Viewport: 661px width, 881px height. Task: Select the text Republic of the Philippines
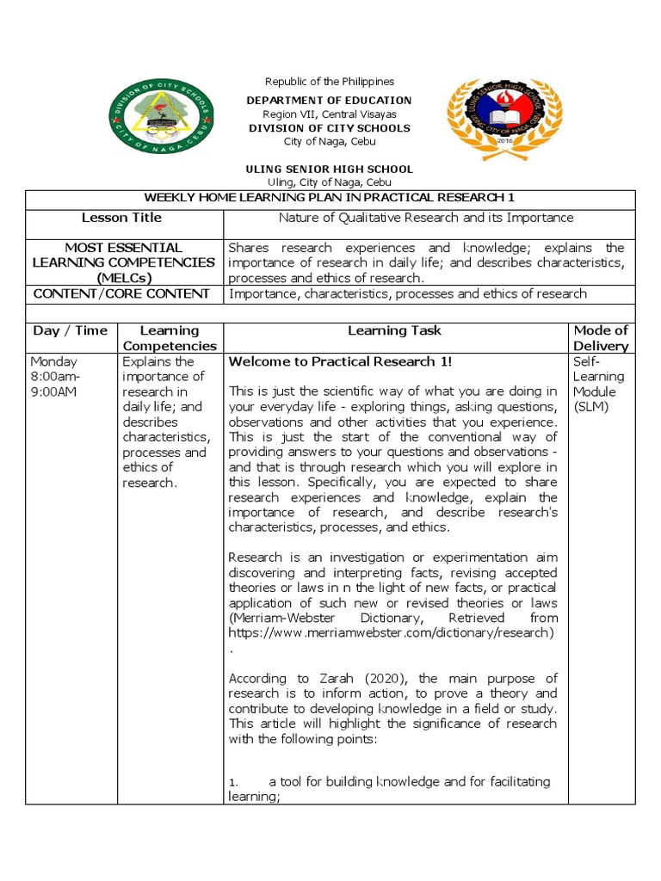point(329,82)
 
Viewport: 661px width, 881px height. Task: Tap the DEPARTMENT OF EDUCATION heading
point(329,101)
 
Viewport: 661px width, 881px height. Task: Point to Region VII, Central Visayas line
point(329,114)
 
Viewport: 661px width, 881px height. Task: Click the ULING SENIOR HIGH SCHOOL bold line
point(329,169)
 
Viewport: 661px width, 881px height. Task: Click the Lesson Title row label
point(121,218)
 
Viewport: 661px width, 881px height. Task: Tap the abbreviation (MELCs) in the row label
point(121,278)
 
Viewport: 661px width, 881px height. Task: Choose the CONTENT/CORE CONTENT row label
point(121,293)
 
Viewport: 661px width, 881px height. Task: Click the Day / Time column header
point(71,330)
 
